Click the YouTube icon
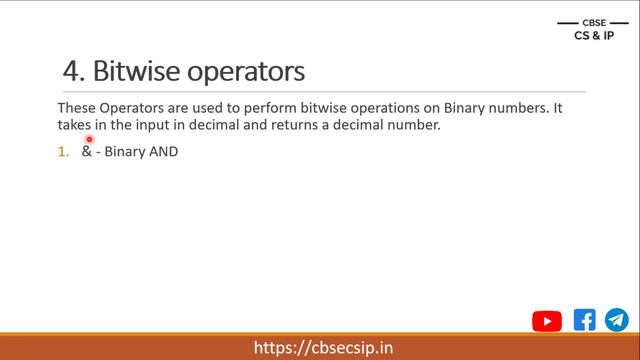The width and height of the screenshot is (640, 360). click(x=547, y=321)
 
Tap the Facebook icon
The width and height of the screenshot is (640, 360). click(x=585, y=320)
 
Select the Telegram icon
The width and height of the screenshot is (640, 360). click(x=616, y=320)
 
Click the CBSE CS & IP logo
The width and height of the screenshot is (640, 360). click(x=594, y=30)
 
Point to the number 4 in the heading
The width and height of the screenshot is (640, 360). click(x=71, y=71)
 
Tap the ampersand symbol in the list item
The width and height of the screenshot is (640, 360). click(x=86, y=152)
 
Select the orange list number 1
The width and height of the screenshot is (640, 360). click(x=62, y=152)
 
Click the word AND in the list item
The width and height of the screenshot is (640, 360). click(x=163, y=152)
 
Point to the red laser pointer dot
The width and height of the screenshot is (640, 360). click(x=89, y=139)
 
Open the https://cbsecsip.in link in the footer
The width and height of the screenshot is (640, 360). click(x=323, y=347)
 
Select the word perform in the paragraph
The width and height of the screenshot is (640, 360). click(x=263, y=107)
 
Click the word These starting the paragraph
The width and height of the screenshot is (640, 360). click(x=76, y=107)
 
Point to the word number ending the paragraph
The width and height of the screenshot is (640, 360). click(x=411, y=126)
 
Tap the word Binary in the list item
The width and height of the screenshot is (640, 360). click(x=124, y=152)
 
